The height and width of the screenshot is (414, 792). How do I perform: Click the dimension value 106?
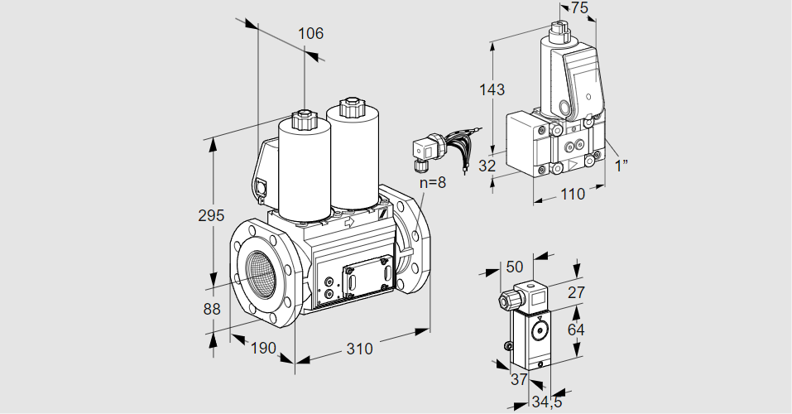[x=310, y=34]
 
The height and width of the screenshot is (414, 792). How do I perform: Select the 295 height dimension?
[x=212, y=216]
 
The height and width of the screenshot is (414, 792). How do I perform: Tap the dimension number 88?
[x=212, y=309]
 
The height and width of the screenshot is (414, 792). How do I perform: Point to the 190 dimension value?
[x=262, y=348]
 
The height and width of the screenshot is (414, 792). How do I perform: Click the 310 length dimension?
[x=359, y=349]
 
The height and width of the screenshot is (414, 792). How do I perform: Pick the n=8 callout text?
[x=431, y=182]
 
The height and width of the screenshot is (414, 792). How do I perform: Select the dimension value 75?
[x=579, y=7]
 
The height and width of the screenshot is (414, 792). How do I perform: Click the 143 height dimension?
[x=492, y=89]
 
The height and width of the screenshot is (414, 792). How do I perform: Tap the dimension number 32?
[x=487, y=166]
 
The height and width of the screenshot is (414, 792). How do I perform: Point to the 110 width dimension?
[x=572, y=194]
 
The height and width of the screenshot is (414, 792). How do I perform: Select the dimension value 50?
[x=515, y=267]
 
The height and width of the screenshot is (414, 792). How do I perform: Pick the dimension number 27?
[x=576, y=291]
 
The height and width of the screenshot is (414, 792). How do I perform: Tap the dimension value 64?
[x=576, y=329]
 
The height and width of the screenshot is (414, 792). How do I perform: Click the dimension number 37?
[x=518, y=378]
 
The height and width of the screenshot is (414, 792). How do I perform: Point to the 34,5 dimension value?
[x=544, y=402]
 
